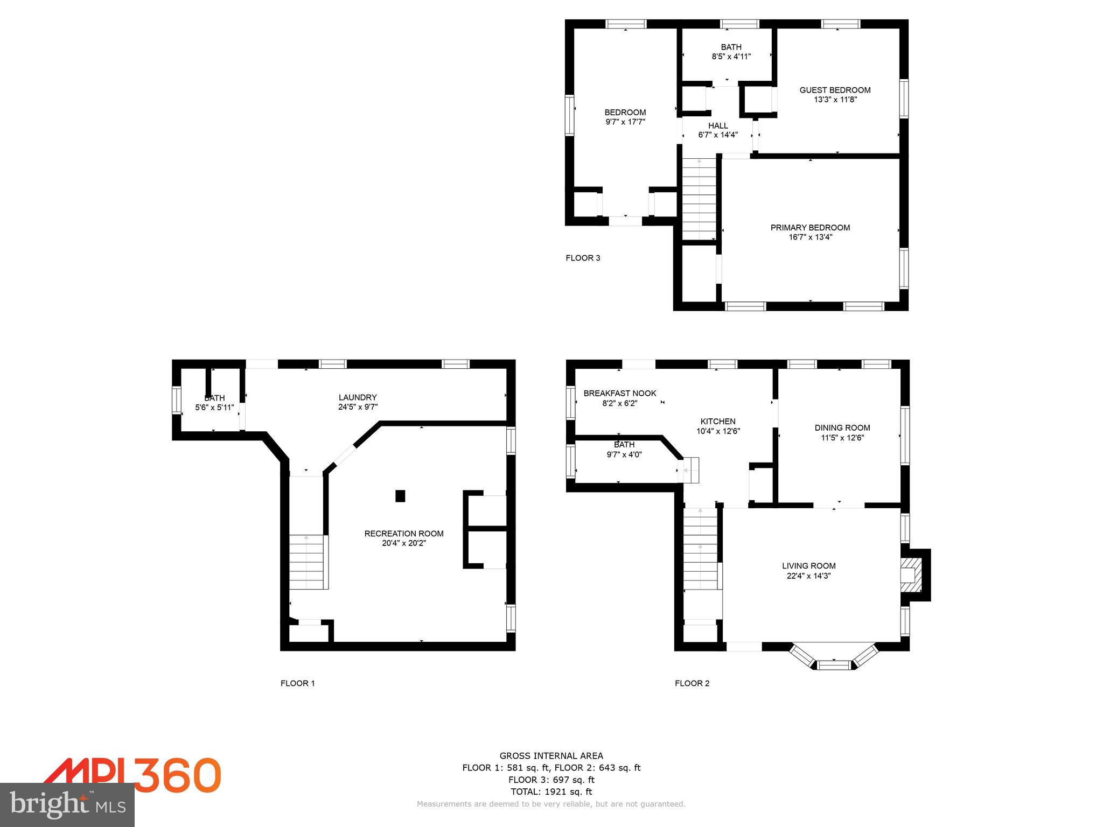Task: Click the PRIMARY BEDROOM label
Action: click(810, 228)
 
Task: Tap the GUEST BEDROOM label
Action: click(835, 90)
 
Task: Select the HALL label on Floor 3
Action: click(718, 125)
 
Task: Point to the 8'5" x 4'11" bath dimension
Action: click(731, 57)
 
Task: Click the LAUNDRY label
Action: click(358, 397)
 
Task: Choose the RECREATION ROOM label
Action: click(404, 534)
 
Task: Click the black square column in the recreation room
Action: click(400, 496)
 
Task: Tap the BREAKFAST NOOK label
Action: click(620, 393)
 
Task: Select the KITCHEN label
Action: click(718, 422)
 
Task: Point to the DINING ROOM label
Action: click(842, 428)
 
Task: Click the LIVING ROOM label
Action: click(809, 566)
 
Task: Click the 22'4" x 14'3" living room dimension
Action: click(809, 576)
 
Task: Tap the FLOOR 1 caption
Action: click(298, 683)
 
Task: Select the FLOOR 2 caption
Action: click(692, 683)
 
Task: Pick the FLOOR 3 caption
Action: click(583, 258)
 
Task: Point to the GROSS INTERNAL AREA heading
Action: click(551, 756)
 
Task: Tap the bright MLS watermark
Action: click(67, 805)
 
